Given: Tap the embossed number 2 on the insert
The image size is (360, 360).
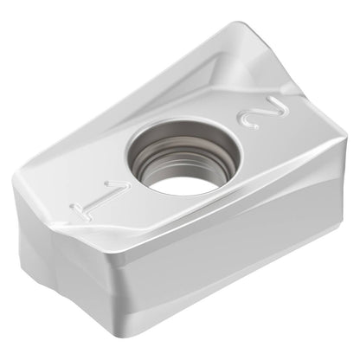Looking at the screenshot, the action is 263,112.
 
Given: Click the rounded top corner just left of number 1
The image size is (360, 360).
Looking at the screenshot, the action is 20,176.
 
